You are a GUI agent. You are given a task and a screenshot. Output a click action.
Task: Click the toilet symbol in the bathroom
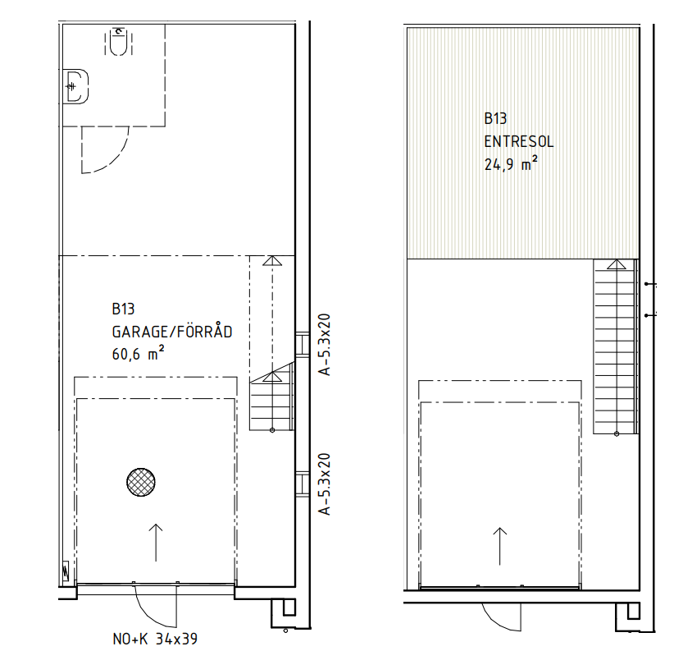(x=118, y=41)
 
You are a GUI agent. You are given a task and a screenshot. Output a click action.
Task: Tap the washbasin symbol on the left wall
(x=75, y=87)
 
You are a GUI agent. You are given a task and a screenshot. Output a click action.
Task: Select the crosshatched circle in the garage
(x=141, y=482)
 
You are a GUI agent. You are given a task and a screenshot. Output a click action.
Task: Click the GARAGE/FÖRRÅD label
(x=172, y=332)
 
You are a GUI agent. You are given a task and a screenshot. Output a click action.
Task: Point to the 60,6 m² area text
(x=138, y=353)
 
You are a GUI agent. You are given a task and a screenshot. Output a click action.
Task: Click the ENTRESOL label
(x=519, y=142)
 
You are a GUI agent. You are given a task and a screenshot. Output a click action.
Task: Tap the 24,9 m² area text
(x=511, y=163)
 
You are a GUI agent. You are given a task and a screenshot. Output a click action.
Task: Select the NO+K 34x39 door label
(x=155, y=640)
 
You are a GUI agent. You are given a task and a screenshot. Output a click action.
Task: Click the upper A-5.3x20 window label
(x=325, y=345)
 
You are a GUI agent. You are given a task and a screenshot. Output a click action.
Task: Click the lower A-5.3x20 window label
(x=325, y=484)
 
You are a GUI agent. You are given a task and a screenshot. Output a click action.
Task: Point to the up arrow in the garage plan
(x=156, y=543)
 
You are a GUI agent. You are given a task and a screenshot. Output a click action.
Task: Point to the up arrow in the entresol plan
(x=499, y=547)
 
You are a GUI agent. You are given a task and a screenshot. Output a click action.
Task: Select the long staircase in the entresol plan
(x=616, y=347)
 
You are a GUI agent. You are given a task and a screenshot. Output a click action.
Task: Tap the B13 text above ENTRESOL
(x=495, y=118)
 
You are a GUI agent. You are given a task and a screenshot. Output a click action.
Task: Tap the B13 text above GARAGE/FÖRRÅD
(x=123, y=309)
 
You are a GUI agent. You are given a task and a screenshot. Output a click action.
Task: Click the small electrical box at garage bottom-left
(x=66, y=571)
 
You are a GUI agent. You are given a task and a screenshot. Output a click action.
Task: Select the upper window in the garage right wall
(x=303, y=345)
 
